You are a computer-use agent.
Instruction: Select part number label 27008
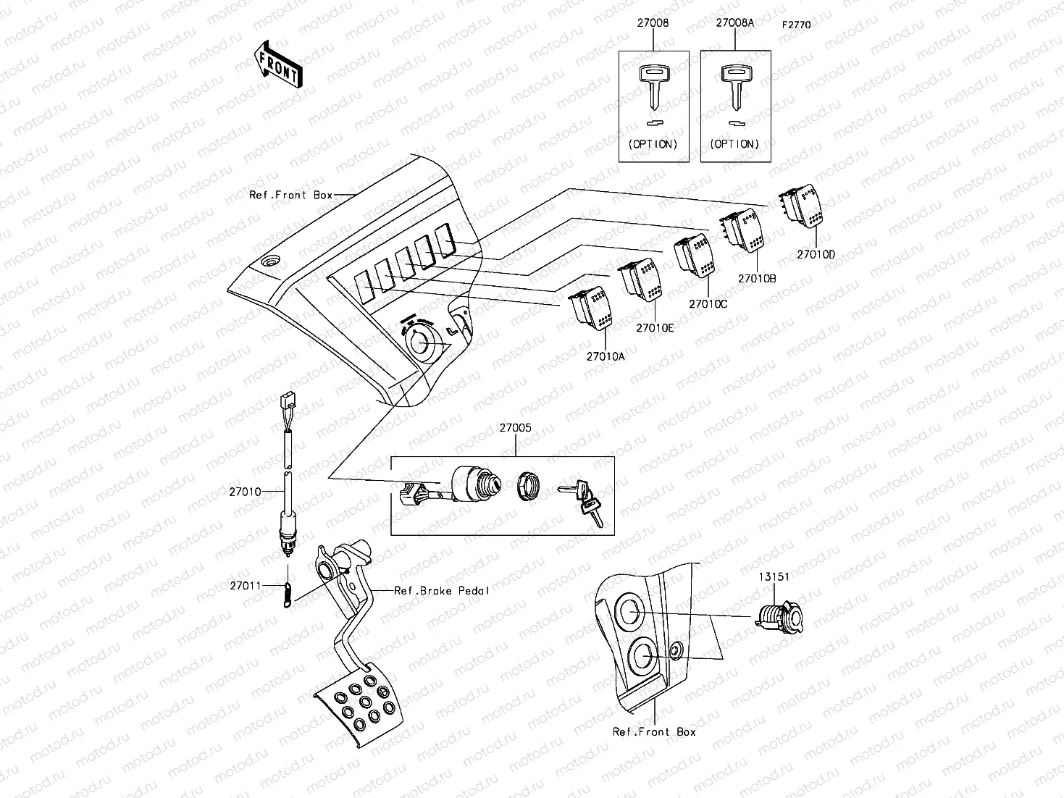pos(653,23)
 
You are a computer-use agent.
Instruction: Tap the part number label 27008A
pos(735,23)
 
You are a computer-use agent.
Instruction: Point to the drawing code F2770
pos(796,25)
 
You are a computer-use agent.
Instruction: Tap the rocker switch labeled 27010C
pos(693,256)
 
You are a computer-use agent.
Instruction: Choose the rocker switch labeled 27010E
pos(641,280)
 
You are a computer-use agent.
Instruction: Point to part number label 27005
pos(515,428)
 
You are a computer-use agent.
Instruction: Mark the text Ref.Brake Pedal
pos(442,590)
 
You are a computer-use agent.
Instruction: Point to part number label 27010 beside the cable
pos(245,492)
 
